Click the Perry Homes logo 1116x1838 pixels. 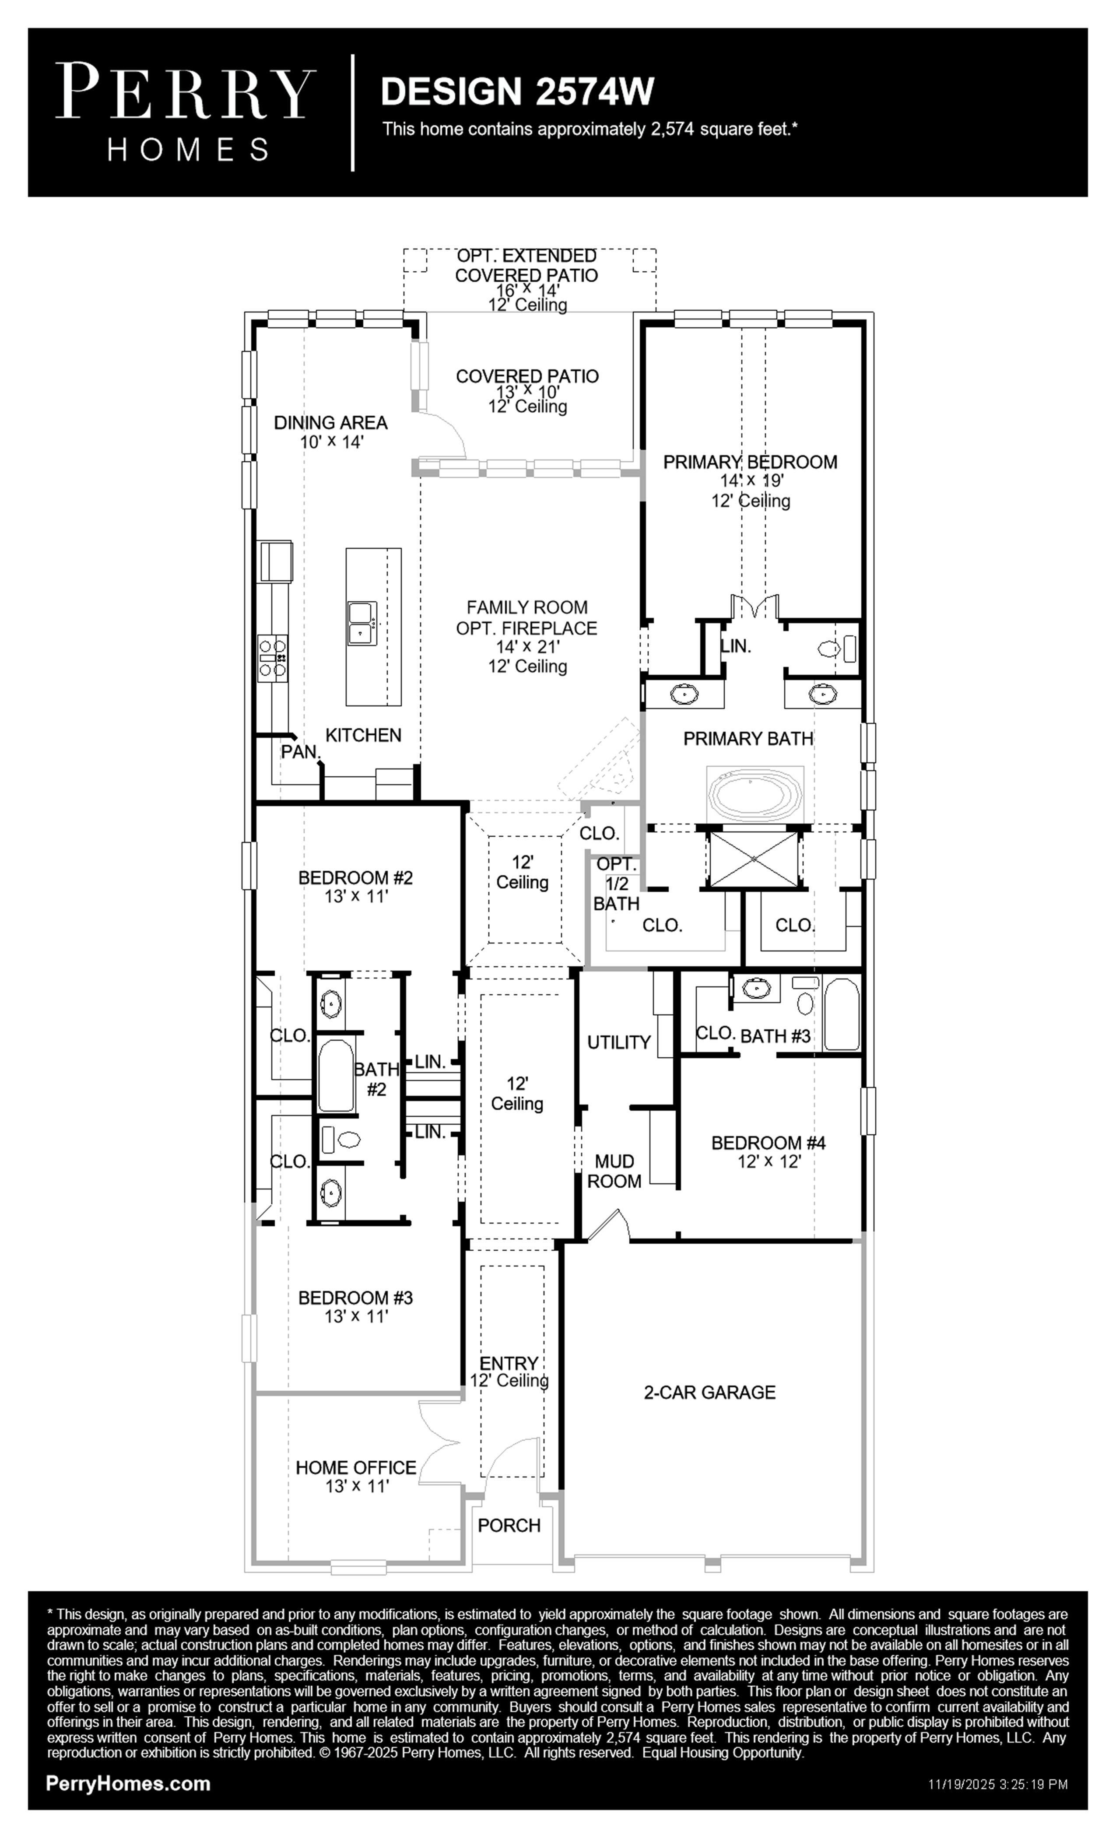186,112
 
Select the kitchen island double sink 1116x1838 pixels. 362,624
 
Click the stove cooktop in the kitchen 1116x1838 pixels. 273,657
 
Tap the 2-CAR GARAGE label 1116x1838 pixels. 709,1392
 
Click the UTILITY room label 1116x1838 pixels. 619,1042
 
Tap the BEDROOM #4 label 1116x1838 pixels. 769,1142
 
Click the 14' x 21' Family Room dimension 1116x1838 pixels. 527,647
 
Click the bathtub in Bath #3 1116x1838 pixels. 842,1014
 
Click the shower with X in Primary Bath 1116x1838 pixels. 754,859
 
